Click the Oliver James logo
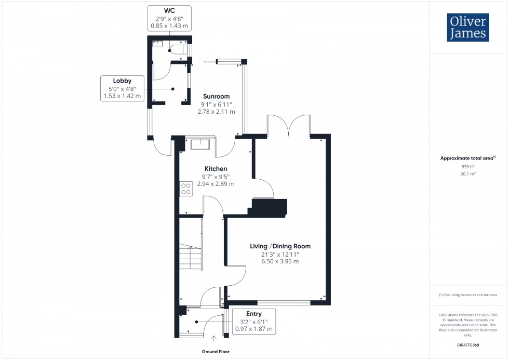467,28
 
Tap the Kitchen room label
216,169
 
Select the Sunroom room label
217,97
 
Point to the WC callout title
169,11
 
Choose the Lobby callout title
122,81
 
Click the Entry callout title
254,314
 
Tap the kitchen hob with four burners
185,189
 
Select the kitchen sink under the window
200,143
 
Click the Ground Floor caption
216,352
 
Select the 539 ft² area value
468,166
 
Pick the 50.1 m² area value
468,174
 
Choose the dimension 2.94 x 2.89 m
216,184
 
